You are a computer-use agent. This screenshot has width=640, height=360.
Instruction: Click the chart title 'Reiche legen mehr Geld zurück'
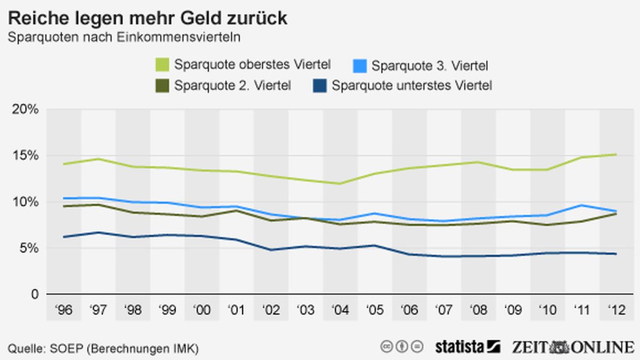pyautogui.click(x=147, y=18)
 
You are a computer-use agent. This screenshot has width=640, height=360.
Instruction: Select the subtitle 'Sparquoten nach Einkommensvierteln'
pyautogui.click(x=124, y=37)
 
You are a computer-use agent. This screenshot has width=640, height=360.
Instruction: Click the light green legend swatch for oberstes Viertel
pyautogui.click(x=162, y=65)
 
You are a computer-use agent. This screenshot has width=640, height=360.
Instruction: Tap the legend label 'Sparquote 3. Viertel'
pyautogui.click(x=430, y=65)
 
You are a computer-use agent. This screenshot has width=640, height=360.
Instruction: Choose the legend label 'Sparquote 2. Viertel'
pyautogui.click(x=232, y=85)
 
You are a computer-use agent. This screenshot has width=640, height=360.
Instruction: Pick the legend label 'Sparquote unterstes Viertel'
pyautogui.click(x=412, y=85)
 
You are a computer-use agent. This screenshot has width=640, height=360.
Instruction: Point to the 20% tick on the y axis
pyautogui.click(x=25, y=109)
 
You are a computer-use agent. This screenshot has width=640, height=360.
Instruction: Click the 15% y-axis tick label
pyautogui.click(x=25, y=156)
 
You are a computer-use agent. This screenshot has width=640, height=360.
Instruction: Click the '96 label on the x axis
pyautogui.click(x=64, y=310)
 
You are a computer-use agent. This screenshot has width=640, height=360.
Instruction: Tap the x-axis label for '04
pyautogui.click(x=340, y=310)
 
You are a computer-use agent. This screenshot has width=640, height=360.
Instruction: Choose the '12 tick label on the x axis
pyautogui.click(x=616, y=310)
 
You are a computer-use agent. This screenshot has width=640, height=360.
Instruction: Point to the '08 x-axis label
pyautogui.click(x=479, y=310)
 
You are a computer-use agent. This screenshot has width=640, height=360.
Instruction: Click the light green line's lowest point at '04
pyautogui.click(x=340, y=184)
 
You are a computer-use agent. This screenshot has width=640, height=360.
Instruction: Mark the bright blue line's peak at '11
pyautogui.click(x=582, y=205)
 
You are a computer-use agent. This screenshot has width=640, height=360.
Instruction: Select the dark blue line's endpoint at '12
pyautogui.click(x=616, y=254)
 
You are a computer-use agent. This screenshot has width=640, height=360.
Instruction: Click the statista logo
pyautogui.click(x=467, y=347)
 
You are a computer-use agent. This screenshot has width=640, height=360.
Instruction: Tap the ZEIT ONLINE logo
pyautogui.click(x=573, y=347)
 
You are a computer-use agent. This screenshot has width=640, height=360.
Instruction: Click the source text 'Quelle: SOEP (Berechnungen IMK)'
pyautogui.click(x=103, y=349)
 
